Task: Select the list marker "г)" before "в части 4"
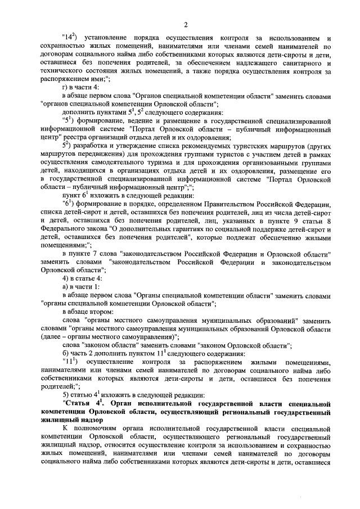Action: [66, 89]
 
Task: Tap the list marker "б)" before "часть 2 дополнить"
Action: [66, 352]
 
